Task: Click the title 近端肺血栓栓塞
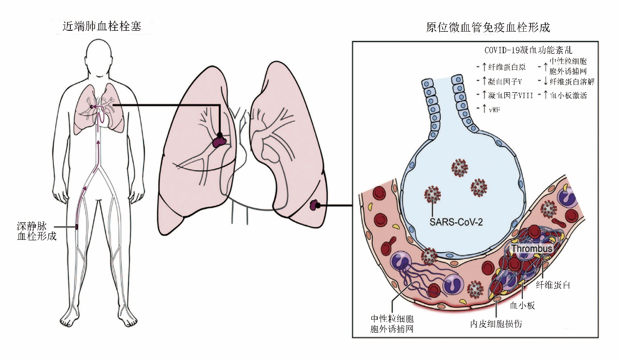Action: tap(102, 27)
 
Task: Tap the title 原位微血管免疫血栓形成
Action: tap(488, 27)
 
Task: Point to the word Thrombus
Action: tap(532, 249)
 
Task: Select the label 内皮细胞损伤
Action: tap(495, 323)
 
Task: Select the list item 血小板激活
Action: tap(567, 96)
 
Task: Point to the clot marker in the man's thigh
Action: tap(77, 226)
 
